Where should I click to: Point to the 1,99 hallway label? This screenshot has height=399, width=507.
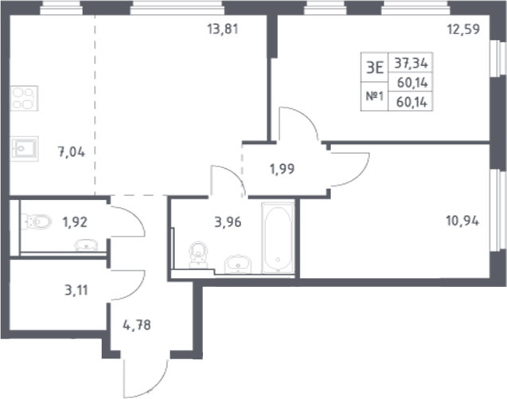[x=278, y=169]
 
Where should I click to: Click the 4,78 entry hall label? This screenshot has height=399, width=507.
[x=138, y=325]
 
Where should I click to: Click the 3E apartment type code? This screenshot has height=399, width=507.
[x=375, y=68]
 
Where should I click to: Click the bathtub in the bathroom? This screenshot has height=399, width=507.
[x=278, y=237]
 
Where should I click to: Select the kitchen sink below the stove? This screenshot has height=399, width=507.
[x=23, y=147]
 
